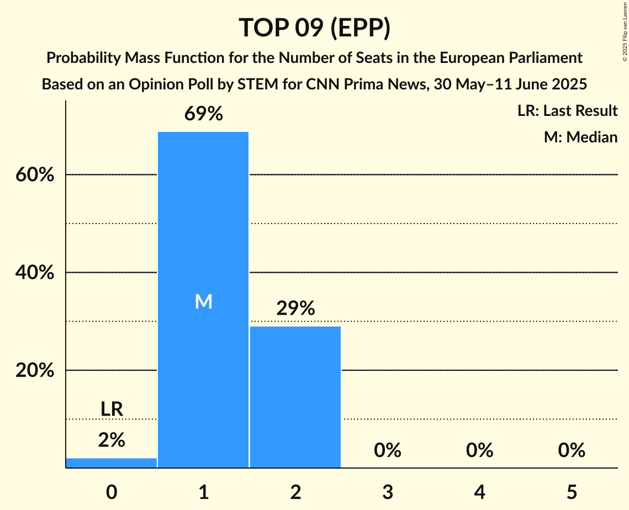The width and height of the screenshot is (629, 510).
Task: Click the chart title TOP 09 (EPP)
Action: pos(314,28)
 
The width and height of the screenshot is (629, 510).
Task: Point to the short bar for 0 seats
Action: pos(112,463)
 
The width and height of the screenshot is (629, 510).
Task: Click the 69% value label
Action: pos(204,114)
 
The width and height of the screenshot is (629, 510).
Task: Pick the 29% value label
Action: pos(295,309)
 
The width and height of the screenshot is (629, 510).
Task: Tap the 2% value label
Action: pos(112,440)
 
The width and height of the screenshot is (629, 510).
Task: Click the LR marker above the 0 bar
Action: pos(112,409)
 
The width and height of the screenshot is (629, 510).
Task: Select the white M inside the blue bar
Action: pos(204,301)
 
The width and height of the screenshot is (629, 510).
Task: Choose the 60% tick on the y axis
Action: pos(34,175)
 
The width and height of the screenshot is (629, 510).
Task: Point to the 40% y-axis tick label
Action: pos(34,273)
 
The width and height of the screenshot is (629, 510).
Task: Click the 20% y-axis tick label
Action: pos(34,370)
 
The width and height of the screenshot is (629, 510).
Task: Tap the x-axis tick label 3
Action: pos(388,492)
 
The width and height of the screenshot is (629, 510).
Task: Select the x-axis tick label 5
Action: pos(572,492)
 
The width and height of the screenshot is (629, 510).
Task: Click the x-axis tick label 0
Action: pos(112,492)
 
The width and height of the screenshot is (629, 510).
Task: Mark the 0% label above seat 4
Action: pos(479,450)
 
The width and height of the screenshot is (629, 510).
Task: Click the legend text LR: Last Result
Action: pos(567,111)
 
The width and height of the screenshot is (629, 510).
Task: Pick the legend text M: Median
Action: pos(580,137)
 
